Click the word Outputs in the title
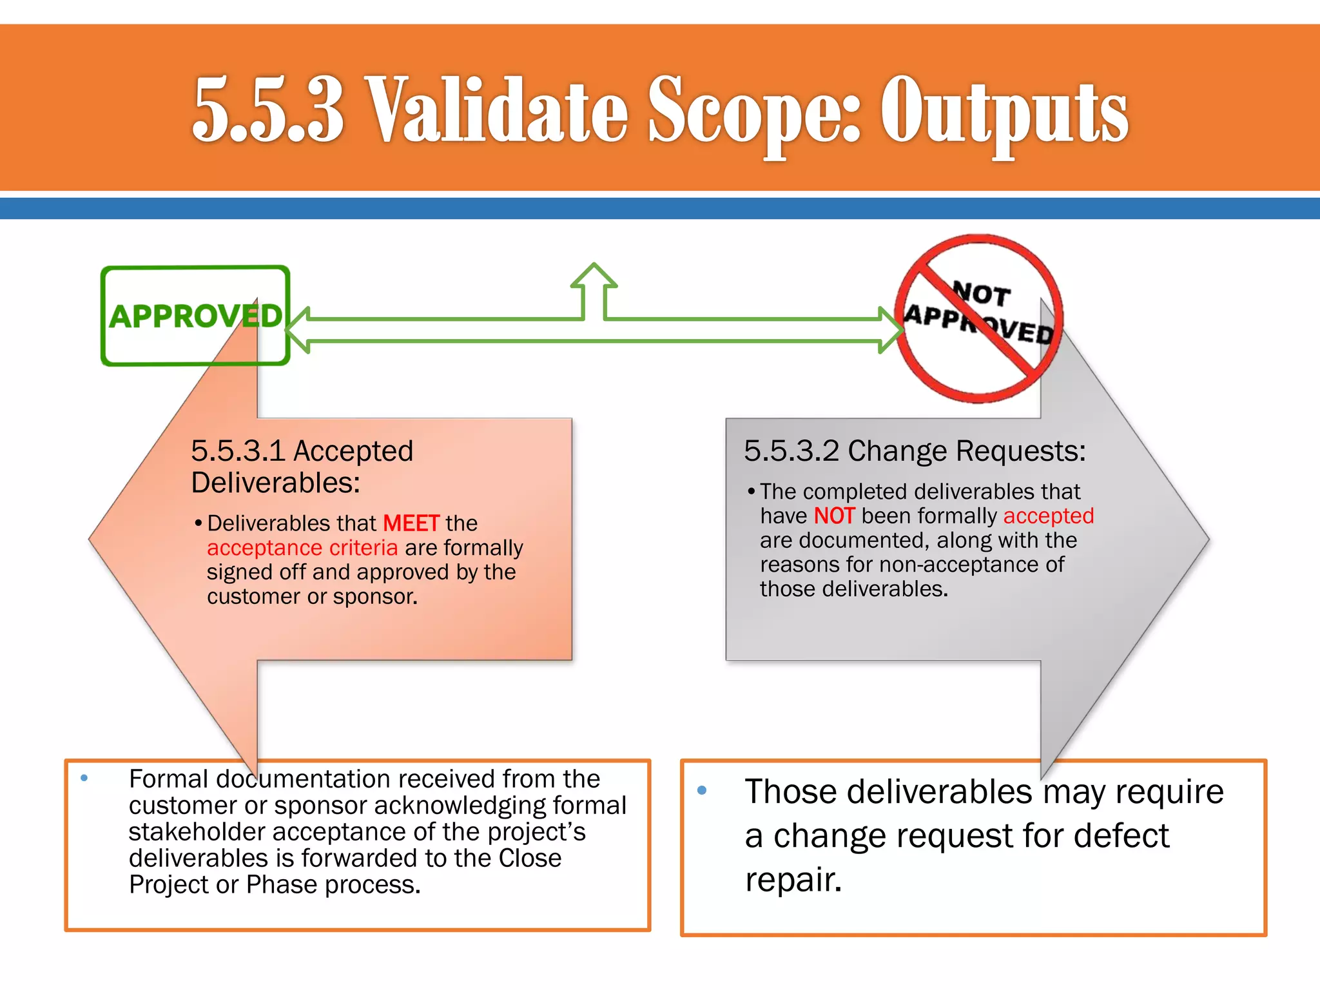(1004, 111)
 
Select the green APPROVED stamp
(195, 316)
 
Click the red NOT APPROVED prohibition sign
(978, 318)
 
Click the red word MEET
(411, 523)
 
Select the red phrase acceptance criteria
(302, 548)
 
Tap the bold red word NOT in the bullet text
(834, 516)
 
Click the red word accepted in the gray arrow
(1049, 516)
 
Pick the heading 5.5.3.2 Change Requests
(915, 451)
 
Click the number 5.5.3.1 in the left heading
(238, 451)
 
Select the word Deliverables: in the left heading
(276, 483)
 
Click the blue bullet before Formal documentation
(84, 778)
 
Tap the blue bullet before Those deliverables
(702, 790)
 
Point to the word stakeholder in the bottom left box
(197, 832)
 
